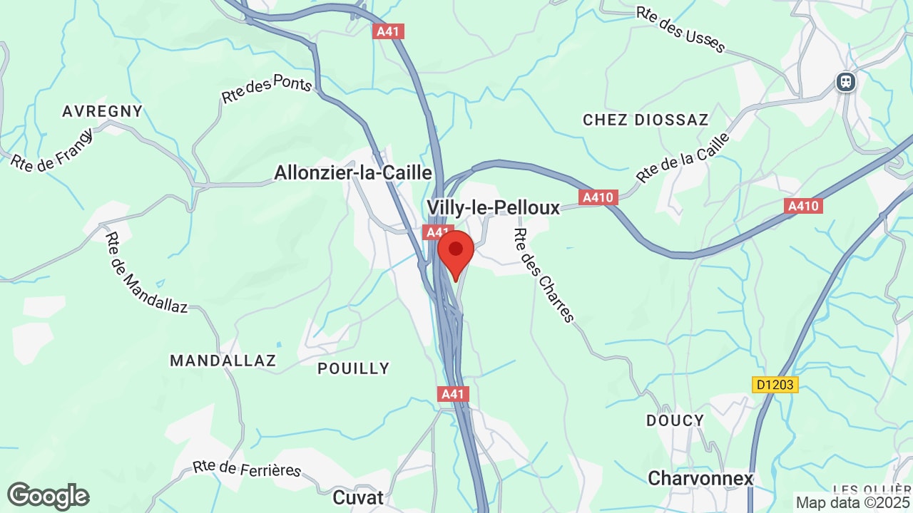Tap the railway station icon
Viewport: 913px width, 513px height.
coord(846,82)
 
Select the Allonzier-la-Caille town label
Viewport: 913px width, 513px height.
coord(353,173)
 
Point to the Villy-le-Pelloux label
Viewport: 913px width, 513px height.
coord(493,207)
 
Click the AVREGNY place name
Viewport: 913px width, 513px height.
coord(103,111)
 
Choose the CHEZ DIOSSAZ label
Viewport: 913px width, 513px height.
coord(646,120)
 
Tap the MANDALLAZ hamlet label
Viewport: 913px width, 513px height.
coord(223,361)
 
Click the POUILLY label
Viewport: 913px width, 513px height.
coord(354,368)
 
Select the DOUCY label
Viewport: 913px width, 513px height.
coord(675,420)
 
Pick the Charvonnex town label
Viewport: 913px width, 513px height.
coord(700,478)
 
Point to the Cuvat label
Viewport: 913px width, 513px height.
coord(358,497)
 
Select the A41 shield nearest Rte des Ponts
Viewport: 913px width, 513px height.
coord(389,31)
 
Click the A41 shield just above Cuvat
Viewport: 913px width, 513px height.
coord(453,394)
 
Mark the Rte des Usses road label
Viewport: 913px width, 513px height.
coord(680,31)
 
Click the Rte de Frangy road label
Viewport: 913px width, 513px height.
coord(52,150)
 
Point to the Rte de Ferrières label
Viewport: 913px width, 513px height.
coord(248,469)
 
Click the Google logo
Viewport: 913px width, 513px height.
coord(49,496)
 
